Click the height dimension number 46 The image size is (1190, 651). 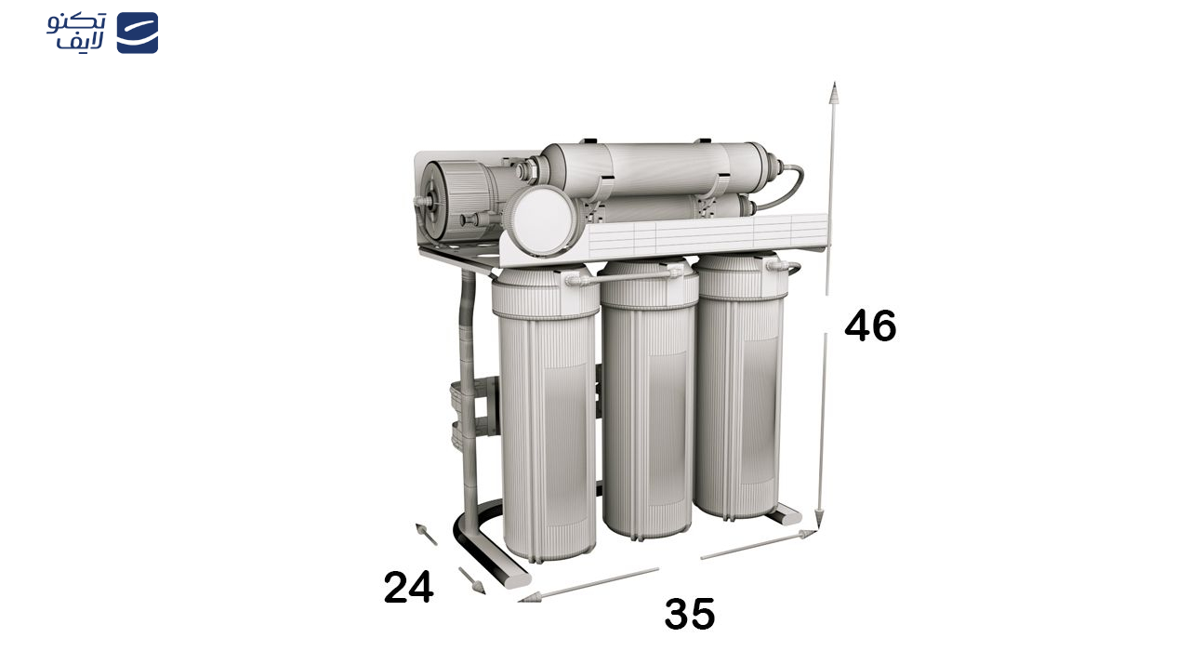pos(870,325)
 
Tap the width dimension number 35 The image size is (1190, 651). pos(690,614)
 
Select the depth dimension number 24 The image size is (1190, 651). pos(408,587)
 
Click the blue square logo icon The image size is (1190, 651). pos(138,33)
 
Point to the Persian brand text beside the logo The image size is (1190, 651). pos(76,32)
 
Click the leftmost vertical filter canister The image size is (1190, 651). pos(548,415)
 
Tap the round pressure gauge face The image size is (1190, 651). pos(542,219)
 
